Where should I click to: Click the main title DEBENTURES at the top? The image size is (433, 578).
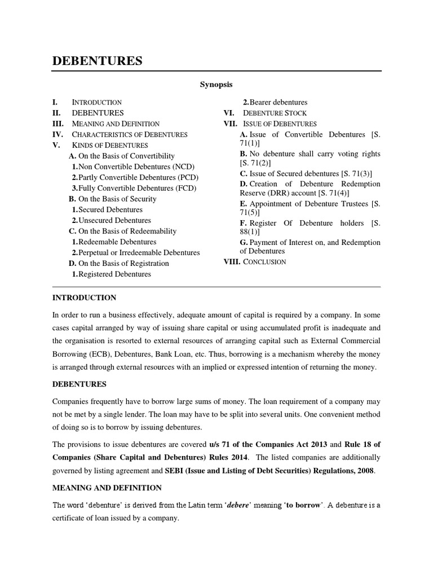pyautogui.click(x=97, y=61)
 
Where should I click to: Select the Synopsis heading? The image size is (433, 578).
pyautogui.click(x=216, y=85)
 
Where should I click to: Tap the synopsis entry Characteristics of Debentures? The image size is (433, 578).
pyautogui.click(x=130, y=134)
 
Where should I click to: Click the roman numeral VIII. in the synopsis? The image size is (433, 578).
pyautogui.click(x=232, y=262)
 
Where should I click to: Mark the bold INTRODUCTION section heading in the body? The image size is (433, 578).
pyautogui.click(x=84, y=297)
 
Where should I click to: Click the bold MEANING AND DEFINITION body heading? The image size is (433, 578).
pyautogui.click(x=107, y=488)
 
